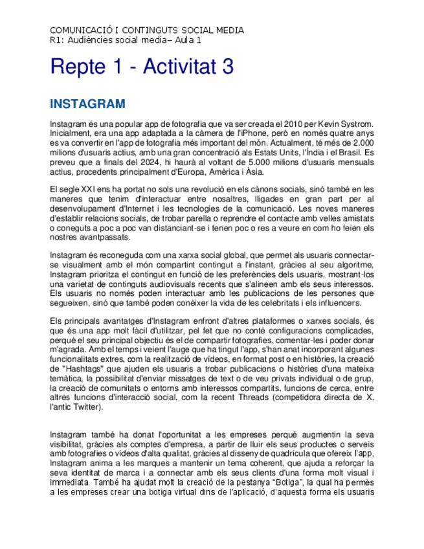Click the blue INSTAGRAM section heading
coord(87,104)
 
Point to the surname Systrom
coord(355,124)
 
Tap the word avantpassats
coord(98,238)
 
